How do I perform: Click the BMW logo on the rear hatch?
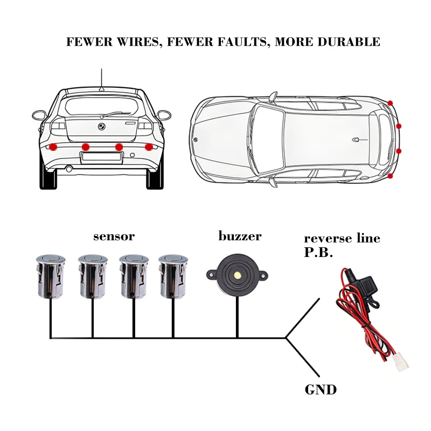coord(102,127)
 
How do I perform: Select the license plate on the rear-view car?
coord(102,158)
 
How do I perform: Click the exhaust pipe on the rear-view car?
coord(69,169)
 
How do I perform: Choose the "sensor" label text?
coord(114,237)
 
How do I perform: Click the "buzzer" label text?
coord(240,236)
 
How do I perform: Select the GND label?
coord(321,390)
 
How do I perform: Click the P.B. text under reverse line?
coord(318,252)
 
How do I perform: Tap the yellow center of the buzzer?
coord(237,274)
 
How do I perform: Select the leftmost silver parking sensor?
coord(51,276)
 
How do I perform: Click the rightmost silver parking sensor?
coord(173,276)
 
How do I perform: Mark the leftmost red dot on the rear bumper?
coord(53,147)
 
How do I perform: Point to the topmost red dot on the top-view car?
coord(390,103)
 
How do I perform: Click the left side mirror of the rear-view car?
coord(39,115)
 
